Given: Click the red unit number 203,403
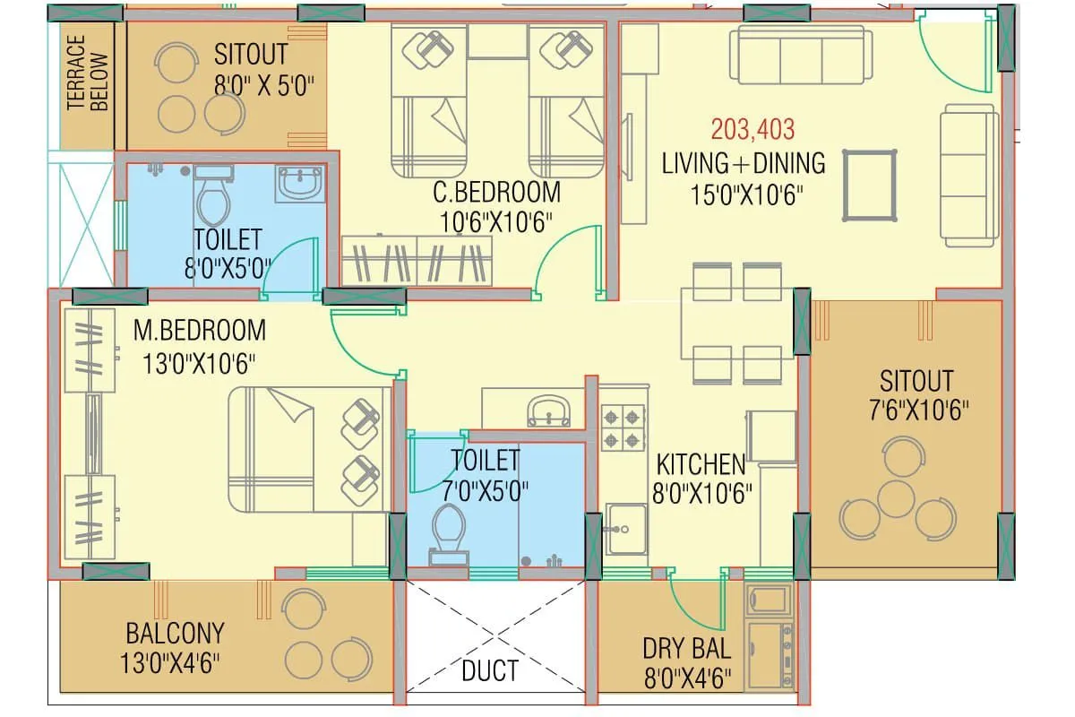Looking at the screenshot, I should point(752,130).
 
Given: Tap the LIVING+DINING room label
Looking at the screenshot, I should point(744,163).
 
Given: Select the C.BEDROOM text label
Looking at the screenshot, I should point(496,192).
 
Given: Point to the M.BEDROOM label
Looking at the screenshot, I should point(199,330).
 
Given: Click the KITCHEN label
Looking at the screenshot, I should point(701,464).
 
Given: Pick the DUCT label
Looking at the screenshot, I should point(490,669).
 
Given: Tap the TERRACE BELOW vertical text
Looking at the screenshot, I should point(88,73).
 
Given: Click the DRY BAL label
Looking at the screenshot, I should point(686,648).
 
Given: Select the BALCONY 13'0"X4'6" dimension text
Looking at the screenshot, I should point(172,663).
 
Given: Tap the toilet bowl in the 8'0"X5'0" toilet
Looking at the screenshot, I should point(212,199).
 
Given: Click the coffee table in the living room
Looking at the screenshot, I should point(869,185).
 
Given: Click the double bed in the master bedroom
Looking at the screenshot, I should point(309,449).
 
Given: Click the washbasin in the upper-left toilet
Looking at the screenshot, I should point(300,183).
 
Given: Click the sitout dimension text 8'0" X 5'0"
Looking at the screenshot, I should point(263,87).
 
